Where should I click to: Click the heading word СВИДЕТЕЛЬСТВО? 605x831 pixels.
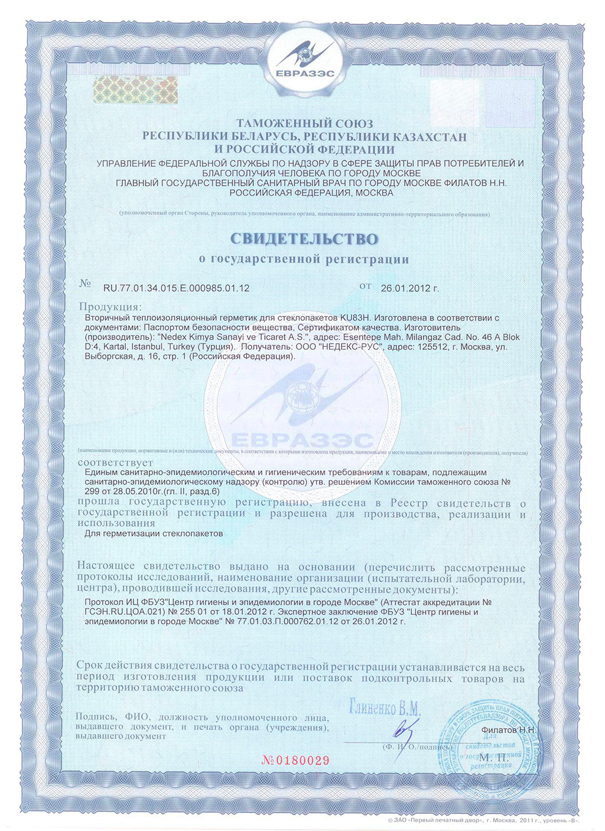click(303, 239)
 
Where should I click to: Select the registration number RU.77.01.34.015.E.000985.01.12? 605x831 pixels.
click(176, 289)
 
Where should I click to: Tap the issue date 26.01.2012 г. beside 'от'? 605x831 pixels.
click(410, 289)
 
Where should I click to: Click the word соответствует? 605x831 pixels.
click(116, 463)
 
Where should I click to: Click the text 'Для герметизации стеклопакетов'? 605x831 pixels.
click(155, 533)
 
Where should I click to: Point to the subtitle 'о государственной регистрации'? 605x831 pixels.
click(303, 259)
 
